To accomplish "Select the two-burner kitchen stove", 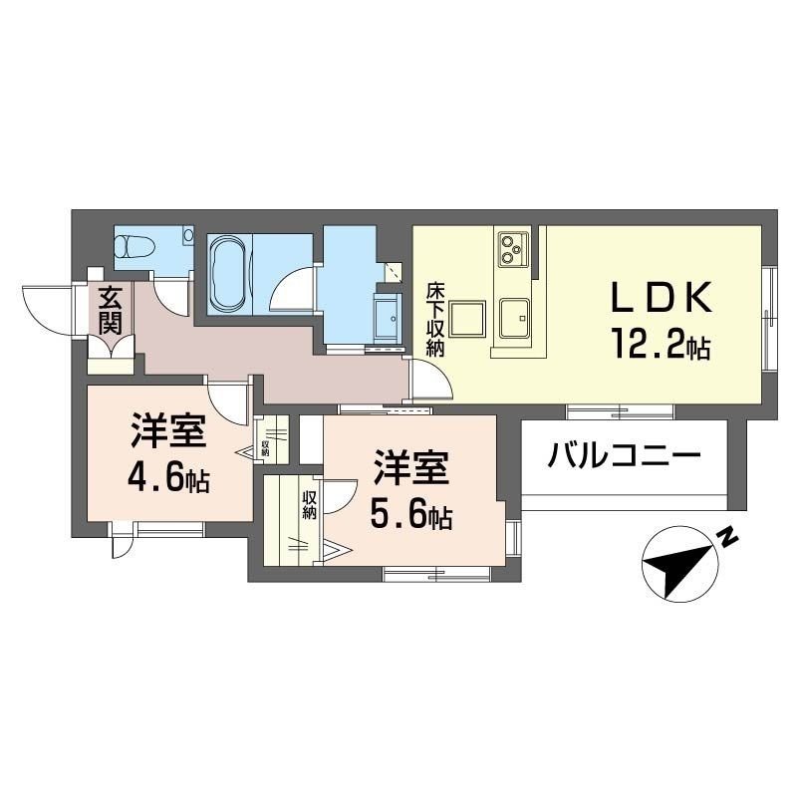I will [x=512, y=247].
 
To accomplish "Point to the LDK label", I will [x=660, y=298].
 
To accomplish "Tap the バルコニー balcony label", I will [x=625, y=458].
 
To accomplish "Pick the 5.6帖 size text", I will [x=411, y=514].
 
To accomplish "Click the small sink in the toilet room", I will [x=187, y=236].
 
